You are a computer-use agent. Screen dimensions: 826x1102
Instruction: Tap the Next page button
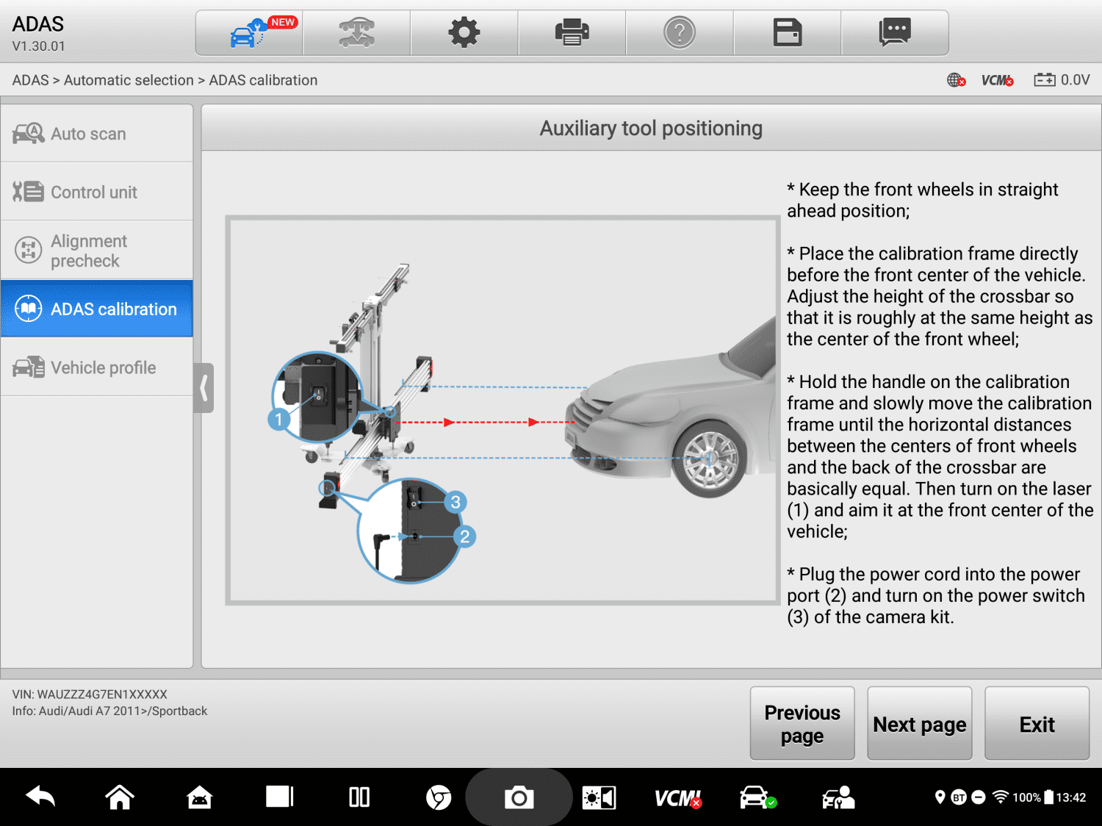pyautogui.click(x=919, y=724)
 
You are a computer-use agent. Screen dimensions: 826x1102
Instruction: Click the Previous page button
pyautogui.click(x=802, y=724)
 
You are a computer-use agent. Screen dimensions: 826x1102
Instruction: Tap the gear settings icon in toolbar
pyautogui.click(x=464, y=33)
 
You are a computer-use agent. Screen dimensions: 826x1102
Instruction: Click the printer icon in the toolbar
pyautogui.click(x=572, y=33)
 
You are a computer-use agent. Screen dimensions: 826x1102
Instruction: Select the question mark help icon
pyautogui.click(x=680, y=33)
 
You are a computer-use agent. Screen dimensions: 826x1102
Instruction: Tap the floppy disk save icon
pyautogui.click(x=787, y=33)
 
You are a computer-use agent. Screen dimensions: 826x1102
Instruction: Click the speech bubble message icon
pyautogui.click(x=894, y=33)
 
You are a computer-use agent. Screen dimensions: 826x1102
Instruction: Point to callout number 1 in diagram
pyautogui.click(x=278, y=420)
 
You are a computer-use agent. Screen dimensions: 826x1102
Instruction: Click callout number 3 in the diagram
pyautogui.click(x=455, y=502)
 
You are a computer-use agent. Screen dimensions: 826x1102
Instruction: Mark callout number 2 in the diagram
pyautogui.click(x=464, y=536)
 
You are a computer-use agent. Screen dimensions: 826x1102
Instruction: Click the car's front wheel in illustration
pyautogui.click(x=709, y=459)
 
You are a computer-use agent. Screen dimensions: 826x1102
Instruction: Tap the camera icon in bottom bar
pyautogui.click(x=519, y=797)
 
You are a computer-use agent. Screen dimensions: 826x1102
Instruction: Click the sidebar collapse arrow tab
pyautogui.click(x=204, y=387)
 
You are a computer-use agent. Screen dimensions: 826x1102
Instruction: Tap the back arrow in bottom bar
pyautogui.click(x=40, y=797)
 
